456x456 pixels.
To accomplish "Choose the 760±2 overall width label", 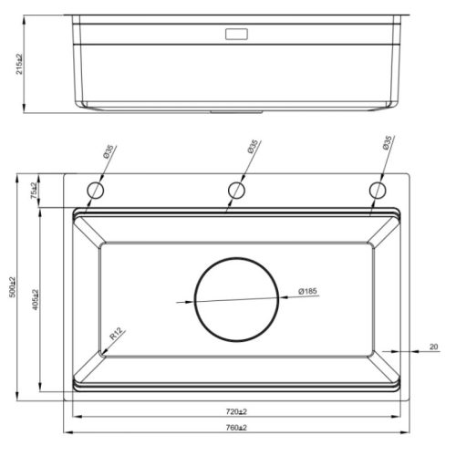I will tap(236, 428).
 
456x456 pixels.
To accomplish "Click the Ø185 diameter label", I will tap(306, 292).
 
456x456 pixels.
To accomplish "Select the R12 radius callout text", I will tap(115, 336).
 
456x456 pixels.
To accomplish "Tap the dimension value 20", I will tap(433, 346).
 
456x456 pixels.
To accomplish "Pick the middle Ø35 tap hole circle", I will tap(236, 190).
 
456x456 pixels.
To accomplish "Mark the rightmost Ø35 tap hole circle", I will tap(377, 190).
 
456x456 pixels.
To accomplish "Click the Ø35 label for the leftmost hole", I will tap(106, 151).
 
